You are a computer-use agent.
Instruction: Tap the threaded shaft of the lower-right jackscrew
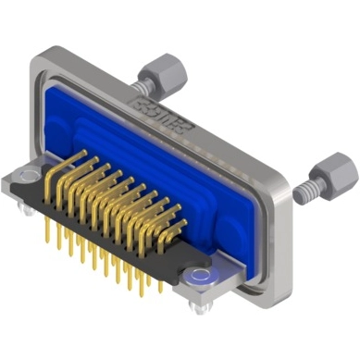tap(309, 192)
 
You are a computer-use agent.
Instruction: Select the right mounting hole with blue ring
tap(196, 275)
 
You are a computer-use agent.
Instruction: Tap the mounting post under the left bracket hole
tap(31, 208)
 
